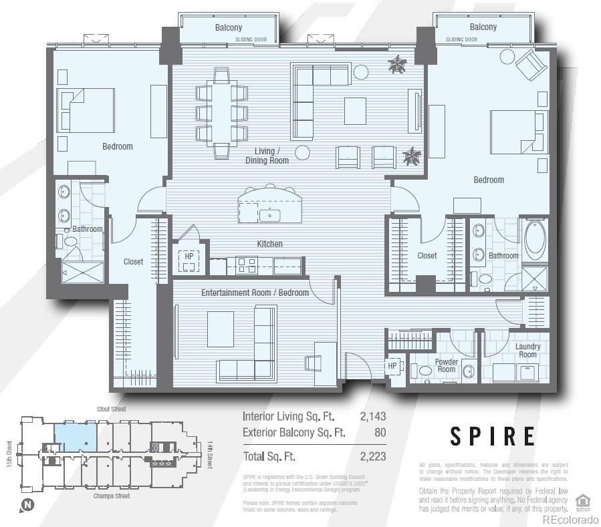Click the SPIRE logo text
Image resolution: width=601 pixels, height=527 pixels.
[x=493, y=435]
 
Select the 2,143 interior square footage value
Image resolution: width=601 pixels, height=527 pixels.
[x=373, y=416]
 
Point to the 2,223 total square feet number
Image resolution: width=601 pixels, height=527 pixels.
[x=373, y=457]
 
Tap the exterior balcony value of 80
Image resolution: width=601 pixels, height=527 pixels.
[x=380, y=432]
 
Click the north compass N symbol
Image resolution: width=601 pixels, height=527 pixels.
[x=27, y=505]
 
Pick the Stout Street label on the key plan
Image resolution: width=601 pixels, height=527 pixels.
[x=112, y=409]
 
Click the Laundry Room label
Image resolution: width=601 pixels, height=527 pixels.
[x=527, y=350]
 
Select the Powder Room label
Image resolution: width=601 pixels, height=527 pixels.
[x=446, y=365]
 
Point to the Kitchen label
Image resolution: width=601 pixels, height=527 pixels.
[x=269, y=244]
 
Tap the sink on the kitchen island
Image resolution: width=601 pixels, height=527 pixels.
[x=270, y=214]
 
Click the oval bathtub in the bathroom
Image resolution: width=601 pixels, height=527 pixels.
[x=534, y=241]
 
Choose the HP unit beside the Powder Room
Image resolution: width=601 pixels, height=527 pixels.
[x=392, y=366]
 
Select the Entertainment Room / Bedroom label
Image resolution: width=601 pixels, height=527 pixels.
[x=255, y=293]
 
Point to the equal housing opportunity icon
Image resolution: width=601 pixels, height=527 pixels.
[x=582, y=500]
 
